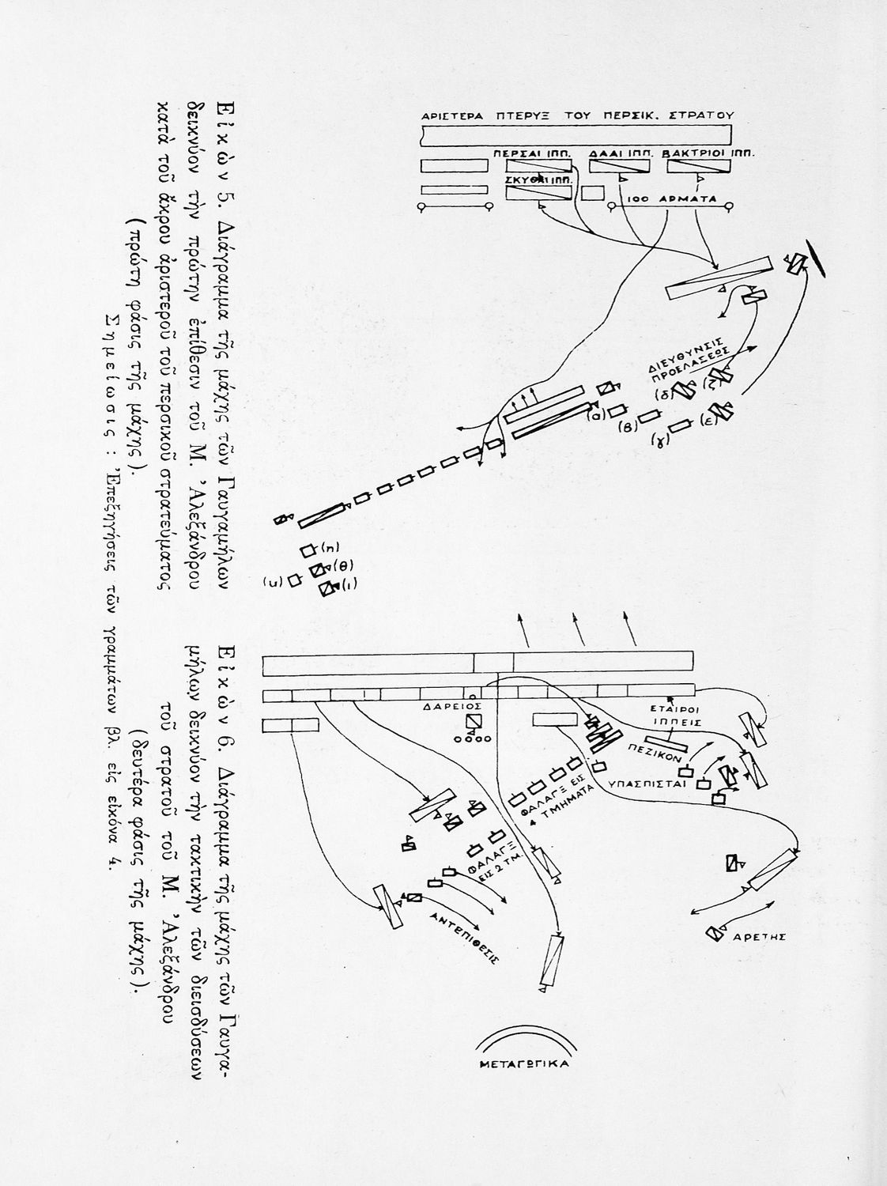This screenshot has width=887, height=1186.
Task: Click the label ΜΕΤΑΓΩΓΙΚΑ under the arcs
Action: click(525, 1063)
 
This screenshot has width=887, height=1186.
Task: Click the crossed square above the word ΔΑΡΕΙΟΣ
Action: click(473, 722)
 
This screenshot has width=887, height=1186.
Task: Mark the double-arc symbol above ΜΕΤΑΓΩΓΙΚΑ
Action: click(525, 1038)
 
